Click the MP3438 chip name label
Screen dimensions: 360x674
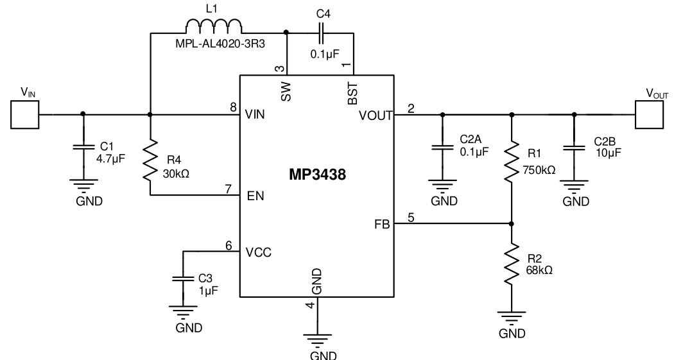(316, 175)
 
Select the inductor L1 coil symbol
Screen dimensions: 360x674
(214, 26)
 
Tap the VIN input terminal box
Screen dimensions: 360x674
(24, 115)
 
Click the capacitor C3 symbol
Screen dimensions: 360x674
(183, 280)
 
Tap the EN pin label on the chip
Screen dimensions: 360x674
(254, 195)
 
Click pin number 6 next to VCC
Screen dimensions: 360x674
(228, 244)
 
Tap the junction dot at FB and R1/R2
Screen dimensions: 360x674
(512, 224)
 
